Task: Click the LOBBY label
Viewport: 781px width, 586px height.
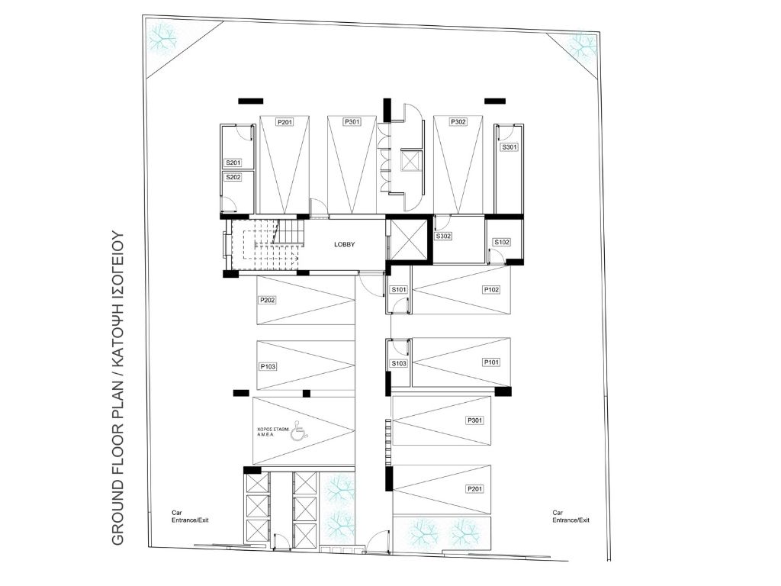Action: [x=344, y=244]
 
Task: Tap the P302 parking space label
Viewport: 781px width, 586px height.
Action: [x=458, y=121]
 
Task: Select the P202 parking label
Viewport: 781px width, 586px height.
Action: [x=267, y=300]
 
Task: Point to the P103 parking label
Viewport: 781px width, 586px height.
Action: [x=268, y=366]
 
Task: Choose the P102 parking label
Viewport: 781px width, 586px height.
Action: [x=491, y=289]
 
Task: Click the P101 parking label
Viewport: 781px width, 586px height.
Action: [x=491, y=362]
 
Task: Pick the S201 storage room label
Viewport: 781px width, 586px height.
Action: [x=233, y=163]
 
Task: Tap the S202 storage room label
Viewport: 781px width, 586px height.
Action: [x=233, y=177]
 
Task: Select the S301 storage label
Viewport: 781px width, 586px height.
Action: [x=509, y=147]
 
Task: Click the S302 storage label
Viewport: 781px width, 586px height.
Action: [x=443, y=237]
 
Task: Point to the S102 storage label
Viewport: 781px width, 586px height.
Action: [x=502, y=242]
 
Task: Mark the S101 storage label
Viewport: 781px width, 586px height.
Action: [x=399, y=289]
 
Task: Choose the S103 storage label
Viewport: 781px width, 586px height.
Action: [x=399, y=363]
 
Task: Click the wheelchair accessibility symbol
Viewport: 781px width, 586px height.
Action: [x=298, y=430]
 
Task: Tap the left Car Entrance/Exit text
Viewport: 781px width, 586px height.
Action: [x=190, y=517]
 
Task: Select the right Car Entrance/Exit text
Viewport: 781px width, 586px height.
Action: [x=570, y=517]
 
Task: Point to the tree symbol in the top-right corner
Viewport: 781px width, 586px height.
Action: [x=581, y=47]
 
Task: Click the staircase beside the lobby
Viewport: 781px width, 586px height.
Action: [x=266, y=244]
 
